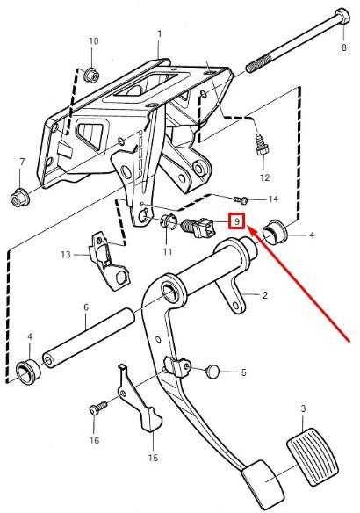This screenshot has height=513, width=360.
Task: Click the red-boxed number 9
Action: (x=236, y=221)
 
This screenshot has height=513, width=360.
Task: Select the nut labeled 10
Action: (x=91, y=75)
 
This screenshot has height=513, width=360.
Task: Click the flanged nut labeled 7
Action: (x=20, y=197)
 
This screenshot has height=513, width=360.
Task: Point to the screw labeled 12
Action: (x=262, y=145)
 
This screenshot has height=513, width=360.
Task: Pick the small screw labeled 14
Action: (x=241, y=199)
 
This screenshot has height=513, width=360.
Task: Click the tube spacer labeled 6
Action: (x=89, y=338)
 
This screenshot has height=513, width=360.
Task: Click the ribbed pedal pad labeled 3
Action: (x=312, y=456)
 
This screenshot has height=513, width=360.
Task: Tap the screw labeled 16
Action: (x=97, y=408)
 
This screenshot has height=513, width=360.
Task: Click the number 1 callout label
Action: (x=160, y=34)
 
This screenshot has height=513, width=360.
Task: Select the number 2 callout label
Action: (x=265, y=295)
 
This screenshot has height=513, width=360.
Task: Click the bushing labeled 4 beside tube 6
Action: (x=28, y=371)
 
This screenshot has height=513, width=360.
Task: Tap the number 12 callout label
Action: (x=264, y=177)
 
